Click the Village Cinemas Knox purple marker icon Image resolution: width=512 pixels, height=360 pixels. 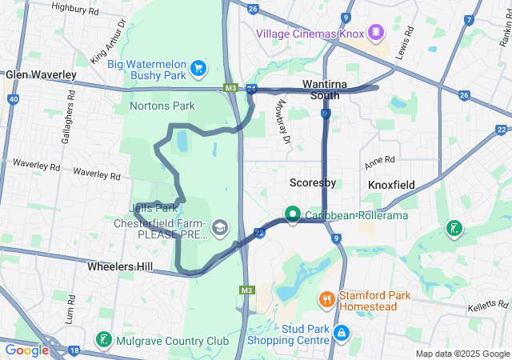point(377,33)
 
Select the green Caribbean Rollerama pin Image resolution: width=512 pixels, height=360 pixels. point(292,215)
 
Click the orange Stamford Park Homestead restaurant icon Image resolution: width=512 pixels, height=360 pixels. point(326,300)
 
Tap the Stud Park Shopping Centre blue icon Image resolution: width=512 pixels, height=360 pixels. point(341,332)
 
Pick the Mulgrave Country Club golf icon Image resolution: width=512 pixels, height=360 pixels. point(103,339)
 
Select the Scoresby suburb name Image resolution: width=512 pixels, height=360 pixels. point(312,183)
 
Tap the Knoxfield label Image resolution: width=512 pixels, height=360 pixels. point(391,185)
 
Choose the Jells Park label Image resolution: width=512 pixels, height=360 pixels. point(151,208)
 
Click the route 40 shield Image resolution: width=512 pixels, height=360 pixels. point(13,98)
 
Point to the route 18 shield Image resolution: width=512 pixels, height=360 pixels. point(74,350)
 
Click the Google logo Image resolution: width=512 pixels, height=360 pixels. point(27,350)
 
